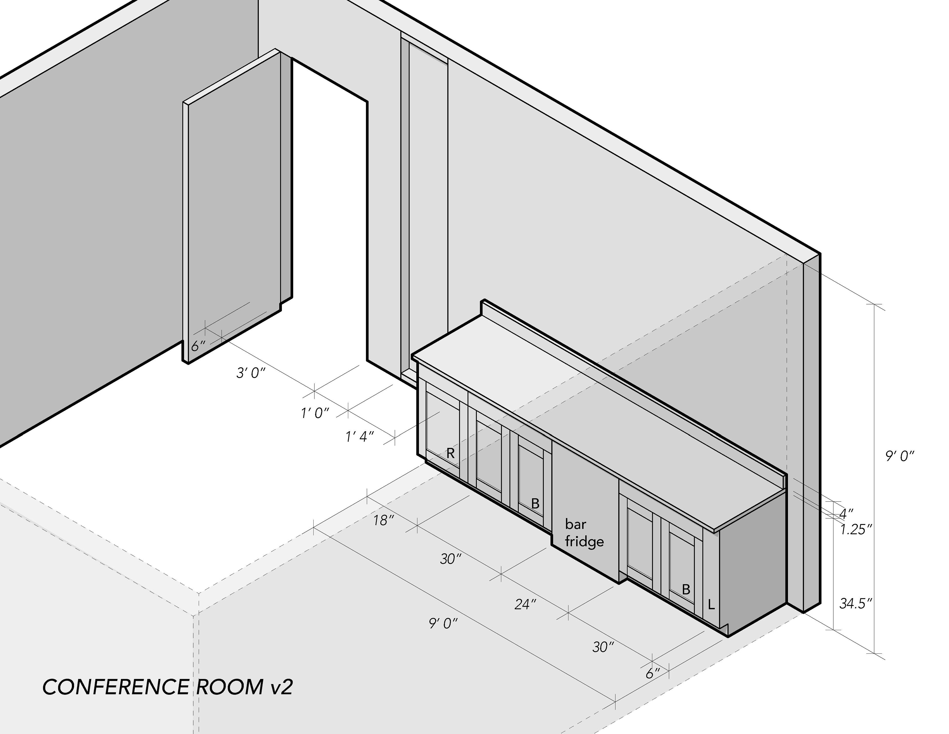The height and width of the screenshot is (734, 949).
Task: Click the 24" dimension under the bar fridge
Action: (525, 604)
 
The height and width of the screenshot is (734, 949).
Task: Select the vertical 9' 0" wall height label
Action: (900, 456)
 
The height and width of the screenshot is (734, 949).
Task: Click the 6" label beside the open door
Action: (198, 346)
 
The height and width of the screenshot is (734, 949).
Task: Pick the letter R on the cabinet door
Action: (451, 454)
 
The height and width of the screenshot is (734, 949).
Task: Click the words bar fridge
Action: (584, 533)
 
